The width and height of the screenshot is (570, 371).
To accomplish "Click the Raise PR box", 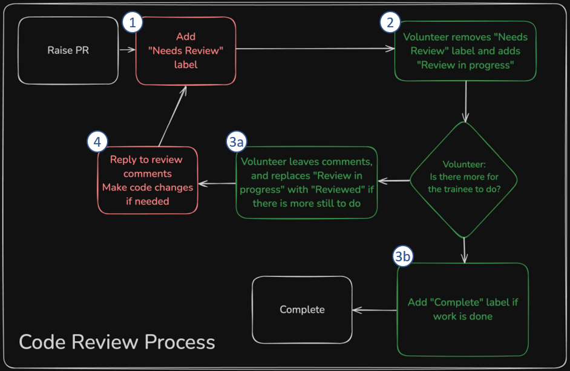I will pyautogui.click(x=68, y=50).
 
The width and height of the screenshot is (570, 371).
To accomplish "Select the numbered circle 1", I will pyautogui.click(x=132, y=23).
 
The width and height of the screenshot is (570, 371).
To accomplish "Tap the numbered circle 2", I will pyautogui.click(x=390, y=23).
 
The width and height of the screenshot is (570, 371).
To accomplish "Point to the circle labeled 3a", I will pyautogui.click(x=236, y=142).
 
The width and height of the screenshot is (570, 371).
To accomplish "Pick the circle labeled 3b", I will pyautogui.click(x=403, y=257).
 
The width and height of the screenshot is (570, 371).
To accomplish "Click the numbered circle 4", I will pyautogui.click(x=97, y=142).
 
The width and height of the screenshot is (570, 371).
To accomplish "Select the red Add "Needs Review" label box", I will pyautogui.click(x=186, y=51).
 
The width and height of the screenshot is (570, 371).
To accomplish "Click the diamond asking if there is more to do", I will pyautogui.click(x=464, y=180).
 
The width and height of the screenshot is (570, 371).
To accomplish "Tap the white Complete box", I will pyautogui.click(x=302, y=310).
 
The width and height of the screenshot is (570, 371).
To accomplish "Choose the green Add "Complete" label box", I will pyautogui.click(x=463, y=309).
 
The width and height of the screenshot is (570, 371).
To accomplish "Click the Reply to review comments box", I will pyautogui.click(x=148, y=180).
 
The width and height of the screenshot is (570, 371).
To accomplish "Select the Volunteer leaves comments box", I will pyautogui.click(x=307, y=182).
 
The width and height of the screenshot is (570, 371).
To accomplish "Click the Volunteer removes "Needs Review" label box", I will pyautogui.click(x=465, y=51).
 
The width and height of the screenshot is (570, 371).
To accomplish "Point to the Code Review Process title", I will pyautogui.click(x=117, y=342).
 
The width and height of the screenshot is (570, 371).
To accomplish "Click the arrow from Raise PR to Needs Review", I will pyautogui.click(x=127, y=51).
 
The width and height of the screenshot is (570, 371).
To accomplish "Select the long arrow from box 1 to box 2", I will pyautogui.click(x=315, y=51).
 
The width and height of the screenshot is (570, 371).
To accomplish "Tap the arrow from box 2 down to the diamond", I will pyautogui.click(x=465, y=101).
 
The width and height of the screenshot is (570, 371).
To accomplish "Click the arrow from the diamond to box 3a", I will pyautogui.click(x=394, y=181).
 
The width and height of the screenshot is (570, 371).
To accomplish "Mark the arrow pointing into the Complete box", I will pyautogui.click(x=375, y=310).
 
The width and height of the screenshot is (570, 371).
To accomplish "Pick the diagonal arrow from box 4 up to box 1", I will pyautogui.click(x=173, y=116).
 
